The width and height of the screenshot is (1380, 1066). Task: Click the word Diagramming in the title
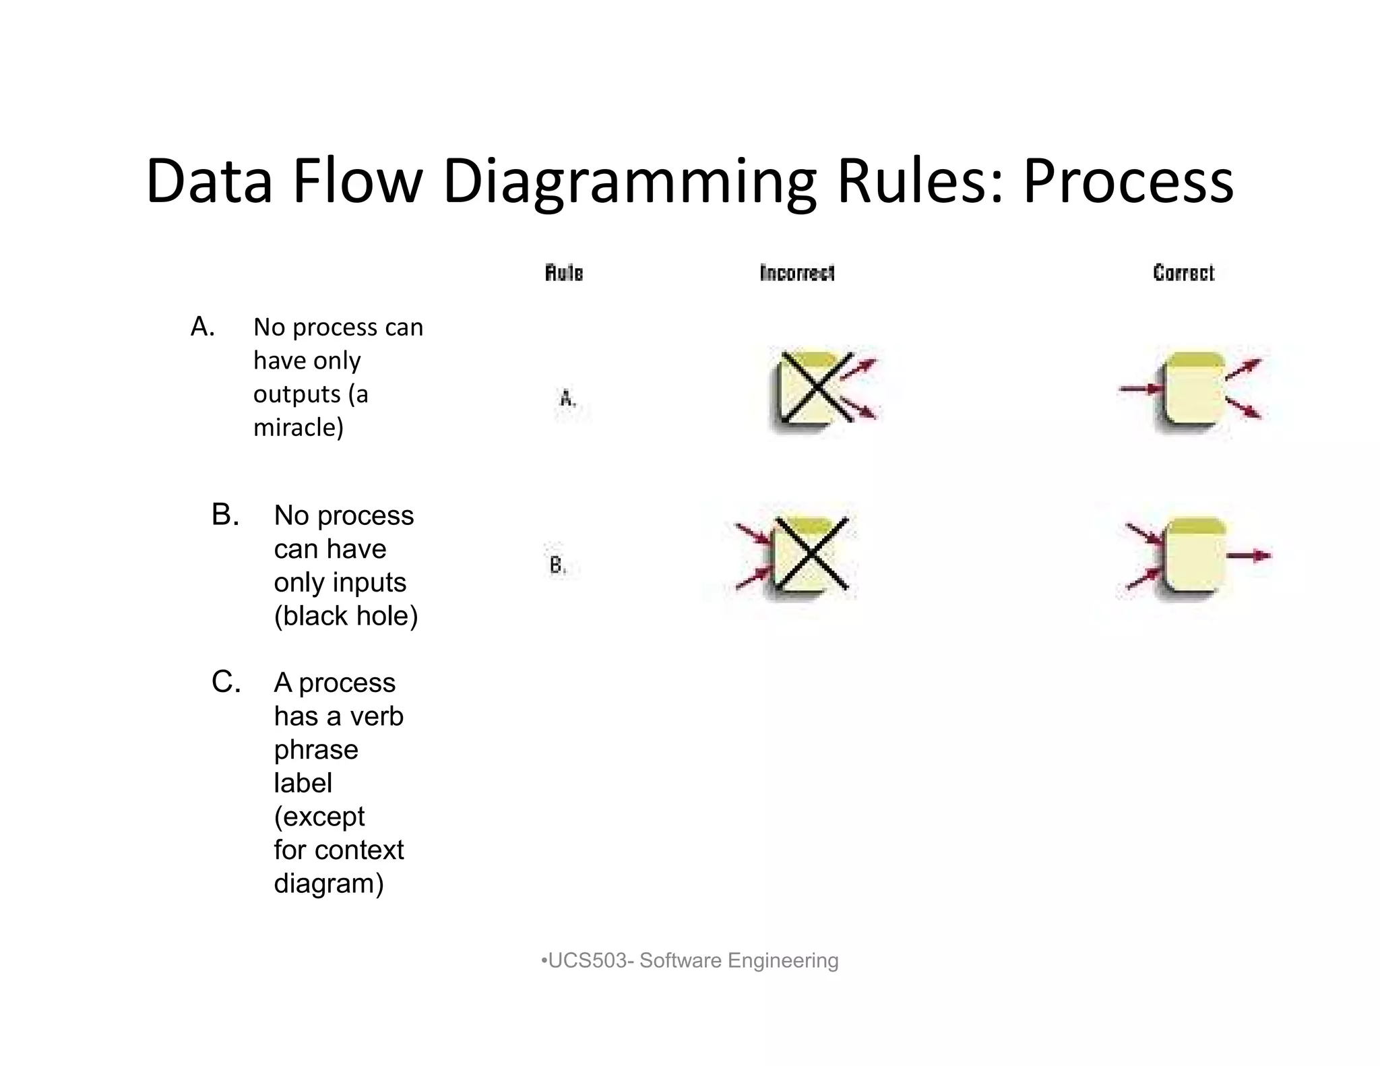coord(629,182)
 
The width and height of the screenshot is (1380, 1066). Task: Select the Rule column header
coord(564,273)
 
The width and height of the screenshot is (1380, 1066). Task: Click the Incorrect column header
coord(797,273)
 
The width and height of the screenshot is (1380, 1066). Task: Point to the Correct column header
coord(1183,273)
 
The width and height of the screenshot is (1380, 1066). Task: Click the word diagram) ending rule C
coord(329,883)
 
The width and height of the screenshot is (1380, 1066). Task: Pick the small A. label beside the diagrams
coord(568,399)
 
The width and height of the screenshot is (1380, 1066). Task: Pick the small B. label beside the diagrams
coord(557,565)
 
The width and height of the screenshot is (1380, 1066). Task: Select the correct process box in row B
coord(1194,555)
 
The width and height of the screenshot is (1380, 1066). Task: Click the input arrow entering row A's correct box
coord(1141,389)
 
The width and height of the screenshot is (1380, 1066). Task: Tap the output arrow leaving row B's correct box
coord(1249,556)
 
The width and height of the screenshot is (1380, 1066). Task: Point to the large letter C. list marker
coord(226,682)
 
